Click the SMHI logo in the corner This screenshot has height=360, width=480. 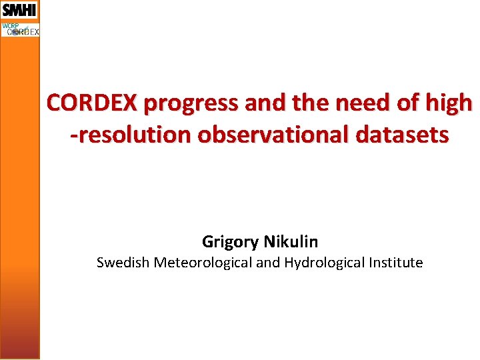tap(19, 10)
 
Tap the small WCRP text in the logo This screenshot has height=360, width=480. tap(10, 26)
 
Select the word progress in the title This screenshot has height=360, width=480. tap(192, 104)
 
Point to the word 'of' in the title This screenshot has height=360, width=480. tap(402, 103)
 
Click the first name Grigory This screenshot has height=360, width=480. tap(231, 241)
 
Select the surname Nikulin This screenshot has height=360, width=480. tap(291, 241)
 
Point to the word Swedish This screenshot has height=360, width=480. tap(123, 263)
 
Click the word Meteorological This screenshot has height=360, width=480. tap(203, 263)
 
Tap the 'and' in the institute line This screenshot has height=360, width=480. tap(268, 263)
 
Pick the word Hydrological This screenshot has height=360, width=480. tap(325, 263)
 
